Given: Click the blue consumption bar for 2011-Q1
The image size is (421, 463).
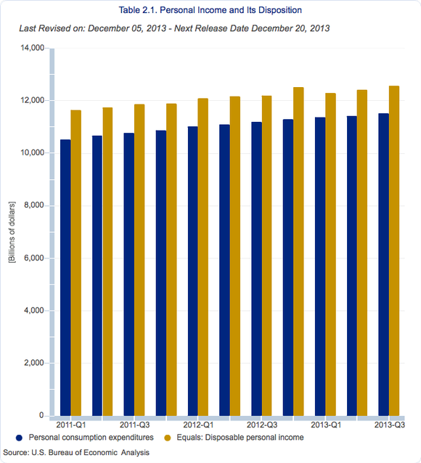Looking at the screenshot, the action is [x=65, y=277].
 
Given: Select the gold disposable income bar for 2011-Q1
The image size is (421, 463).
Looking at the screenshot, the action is [x=76, y=263].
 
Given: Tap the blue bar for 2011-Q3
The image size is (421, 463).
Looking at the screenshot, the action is [x=129, y=274].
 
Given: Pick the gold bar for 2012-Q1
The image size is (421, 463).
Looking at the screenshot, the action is [x=203, y=257].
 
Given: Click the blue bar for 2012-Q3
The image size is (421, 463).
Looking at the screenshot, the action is [x=256, y=269].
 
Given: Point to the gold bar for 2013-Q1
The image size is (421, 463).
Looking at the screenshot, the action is [x=330, y=254].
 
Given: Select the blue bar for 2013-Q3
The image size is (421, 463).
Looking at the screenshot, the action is [x=383, y=265].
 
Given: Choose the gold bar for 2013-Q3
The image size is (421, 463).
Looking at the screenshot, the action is [x=394, y=250].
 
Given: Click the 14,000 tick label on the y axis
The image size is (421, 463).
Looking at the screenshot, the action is [x=32, y=48].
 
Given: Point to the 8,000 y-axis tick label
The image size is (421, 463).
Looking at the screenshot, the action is [x=34, y=205].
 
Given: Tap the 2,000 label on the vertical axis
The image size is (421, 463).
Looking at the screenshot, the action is [x=34, y=363].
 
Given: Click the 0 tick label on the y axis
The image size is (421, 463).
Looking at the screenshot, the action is [x=41, y=415].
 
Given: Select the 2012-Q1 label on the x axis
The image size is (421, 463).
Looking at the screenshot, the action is [x=198, y=425].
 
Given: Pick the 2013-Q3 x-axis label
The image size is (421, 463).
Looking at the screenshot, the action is [x=389, y=425].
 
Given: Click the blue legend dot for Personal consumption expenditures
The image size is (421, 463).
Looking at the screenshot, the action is [x=19, y=438].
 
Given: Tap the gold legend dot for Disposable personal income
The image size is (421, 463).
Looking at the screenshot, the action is [x=167, y=438].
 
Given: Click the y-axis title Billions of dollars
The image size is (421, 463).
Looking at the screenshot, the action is [x=12, y=232].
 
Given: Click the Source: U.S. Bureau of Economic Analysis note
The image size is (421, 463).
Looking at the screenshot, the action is [x=76, y=452].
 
